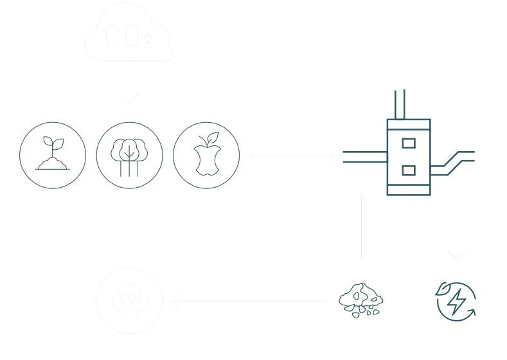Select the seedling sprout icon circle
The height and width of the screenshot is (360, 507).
click(53, 154)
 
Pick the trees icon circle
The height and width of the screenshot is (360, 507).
click(129, 154)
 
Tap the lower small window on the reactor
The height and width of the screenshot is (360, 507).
click(408, 170)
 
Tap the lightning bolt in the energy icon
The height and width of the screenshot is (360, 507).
click(458, 300)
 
